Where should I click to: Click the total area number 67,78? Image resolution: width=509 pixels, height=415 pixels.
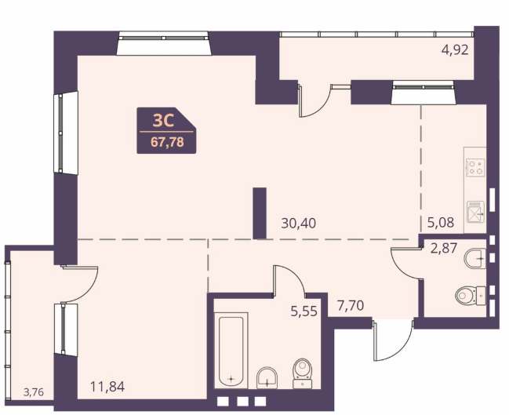(x=167, y=142)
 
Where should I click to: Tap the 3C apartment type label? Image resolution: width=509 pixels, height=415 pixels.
(x=164, y=121)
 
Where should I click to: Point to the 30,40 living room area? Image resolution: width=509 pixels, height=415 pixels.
(x=298, y=224)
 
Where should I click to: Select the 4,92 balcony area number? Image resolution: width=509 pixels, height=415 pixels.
(x=455, y=50)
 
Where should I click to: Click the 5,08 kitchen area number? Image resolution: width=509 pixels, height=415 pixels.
(x=441, y=223)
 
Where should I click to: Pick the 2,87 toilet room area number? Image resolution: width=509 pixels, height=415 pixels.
(x=444, y=248)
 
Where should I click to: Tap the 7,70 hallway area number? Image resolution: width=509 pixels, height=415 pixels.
(x=351, y=306)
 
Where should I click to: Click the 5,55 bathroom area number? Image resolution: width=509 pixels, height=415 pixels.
(x=304, y=311)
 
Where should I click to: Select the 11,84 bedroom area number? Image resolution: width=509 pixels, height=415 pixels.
(x=107, y=387)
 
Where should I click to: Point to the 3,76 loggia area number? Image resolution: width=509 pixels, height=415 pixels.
(x=34, y=392)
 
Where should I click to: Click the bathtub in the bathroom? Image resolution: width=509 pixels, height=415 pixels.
(x=231, y=351)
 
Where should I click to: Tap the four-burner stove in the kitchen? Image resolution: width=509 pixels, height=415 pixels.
(x=475, y=168)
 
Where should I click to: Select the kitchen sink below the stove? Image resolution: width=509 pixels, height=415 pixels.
(x=475, y=212)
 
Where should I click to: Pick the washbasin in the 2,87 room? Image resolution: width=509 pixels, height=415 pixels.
(x=475, y=258)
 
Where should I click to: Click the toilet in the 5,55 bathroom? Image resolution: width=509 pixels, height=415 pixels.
(x=303, y=373)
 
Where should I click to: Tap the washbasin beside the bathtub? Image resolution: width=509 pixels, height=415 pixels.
(x=267, y=378)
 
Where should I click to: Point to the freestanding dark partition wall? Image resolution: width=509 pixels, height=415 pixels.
(x=260, y=213)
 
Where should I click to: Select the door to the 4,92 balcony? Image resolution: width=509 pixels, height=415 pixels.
(x=314, y=100)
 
